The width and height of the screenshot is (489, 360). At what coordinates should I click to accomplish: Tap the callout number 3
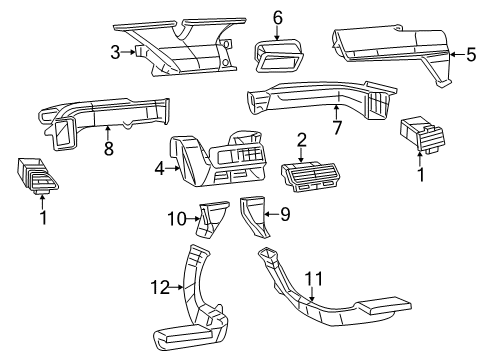tap(116, 52)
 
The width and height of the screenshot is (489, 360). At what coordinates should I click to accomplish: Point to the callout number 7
tap(336, 126)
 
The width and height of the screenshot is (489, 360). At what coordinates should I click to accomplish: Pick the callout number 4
tap(158, 169)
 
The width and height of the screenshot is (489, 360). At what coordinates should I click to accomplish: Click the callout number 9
tap(284, 213)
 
